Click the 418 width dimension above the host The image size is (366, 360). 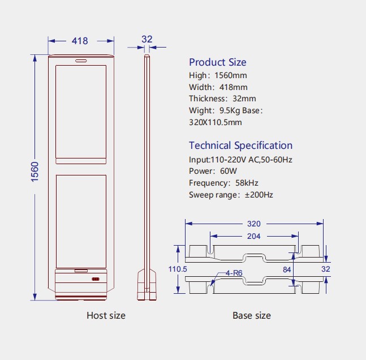tap(80, 41)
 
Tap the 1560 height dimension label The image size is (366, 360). tap(35, 172)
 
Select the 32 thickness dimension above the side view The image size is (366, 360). tap(147, 40)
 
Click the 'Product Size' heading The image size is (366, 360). tap(217, 62)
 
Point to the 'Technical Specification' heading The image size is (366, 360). tap(240, 145)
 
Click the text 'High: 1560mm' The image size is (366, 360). tap(218, 75)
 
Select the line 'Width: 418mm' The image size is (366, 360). tap(218, 87)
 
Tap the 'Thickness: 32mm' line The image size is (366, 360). tap(222, 99)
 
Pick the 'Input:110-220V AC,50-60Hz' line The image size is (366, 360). tap(240, 159)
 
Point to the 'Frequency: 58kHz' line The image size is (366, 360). tap(223, 183)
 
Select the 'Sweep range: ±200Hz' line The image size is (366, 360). tap(231, 195)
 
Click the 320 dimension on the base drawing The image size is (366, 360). tap(254, 224)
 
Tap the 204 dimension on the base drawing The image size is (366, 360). tap(254, 236)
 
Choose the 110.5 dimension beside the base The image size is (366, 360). tap(178, 269)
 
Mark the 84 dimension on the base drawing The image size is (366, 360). tap(287, 269)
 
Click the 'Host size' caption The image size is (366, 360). tap(106, 315)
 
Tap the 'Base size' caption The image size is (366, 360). tap(252, 315)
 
